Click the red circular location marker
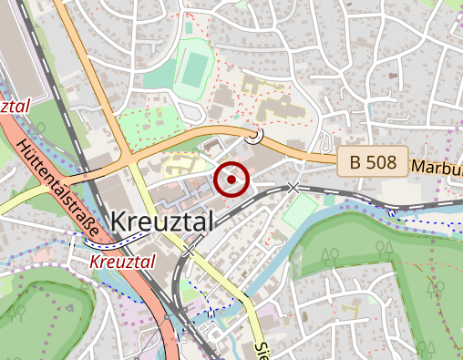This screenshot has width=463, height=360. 233,180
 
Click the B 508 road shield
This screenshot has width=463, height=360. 373,163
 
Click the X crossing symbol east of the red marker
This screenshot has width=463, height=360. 293,187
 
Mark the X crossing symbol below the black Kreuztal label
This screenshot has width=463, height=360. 189,248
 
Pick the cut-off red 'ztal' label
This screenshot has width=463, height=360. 15,107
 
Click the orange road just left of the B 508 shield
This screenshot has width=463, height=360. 319,159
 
